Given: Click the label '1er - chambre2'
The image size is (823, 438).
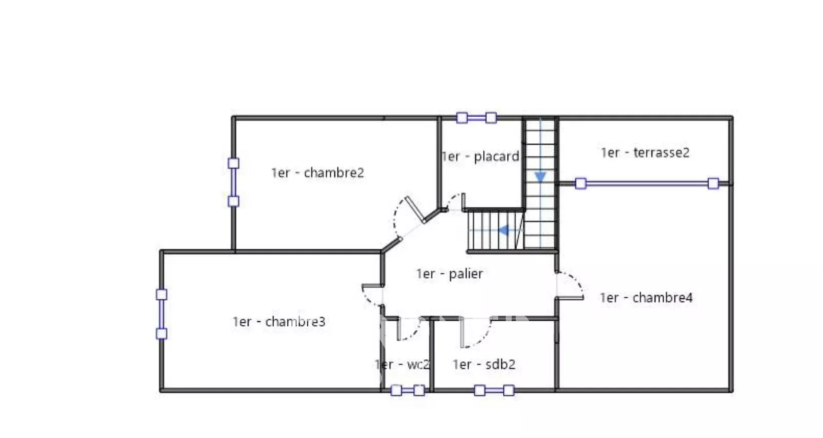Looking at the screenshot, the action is pyautogui.click(x=317, y=172).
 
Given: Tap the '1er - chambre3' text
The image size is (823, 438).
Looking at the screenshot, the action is pyautogui.click(x=279, y=322).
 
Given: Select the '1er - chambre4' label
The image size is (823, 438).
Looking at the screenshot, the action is pyautogui.click(x=646, y=297).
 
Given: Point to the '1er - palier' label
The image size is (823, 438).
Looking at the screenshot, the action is pyautogui.click(x=450, y=274).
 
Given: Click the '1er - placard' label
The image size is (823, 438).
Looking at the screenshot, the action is pyautogui.click(x=481, y=156).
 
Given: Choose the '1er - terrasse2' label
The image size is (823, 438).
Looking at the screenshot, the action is pyautogui.click(x=645, y=152).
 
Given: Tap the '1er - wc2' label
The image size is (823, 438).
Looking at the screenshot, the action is pyautogui.click(x=402, y=364).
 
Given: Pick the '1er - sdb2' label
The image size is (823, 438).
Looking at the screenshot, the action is pyautogui.click(x=484, y=364).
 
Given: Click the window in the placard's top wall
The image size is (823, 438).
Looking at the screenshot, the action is pyautogui.click(x=477, y=118).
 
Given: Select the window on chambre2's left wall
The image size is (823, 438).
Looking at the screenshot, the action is pyautogui.click(x=233, y=182).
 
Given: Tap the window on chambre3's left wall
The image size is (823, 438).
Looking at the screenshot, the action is pyautogui.click(x=161, y=314).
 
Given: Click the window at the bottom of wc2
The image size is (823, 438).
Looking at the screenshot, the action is pyautogui.click(x=407, y=390).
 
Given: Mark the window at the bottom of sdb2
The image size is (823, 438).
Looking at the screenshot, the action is pyautogui.click(x=494, y=390).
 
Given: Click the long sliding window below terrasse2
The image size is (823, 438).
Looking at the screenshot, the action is pyautogui.click(x=647, y=183).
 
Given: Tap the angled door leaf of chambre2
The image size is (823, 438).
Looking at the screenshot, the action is pyautogui.click(x=415, y=210).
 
